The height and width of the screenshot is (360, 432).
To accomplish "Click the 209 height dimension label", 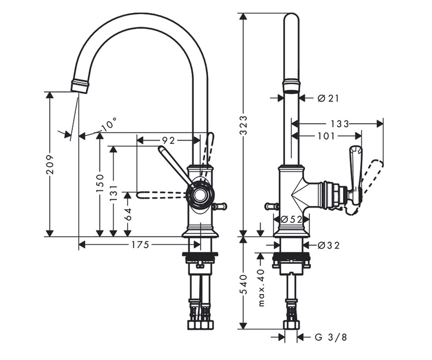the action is point(50,165).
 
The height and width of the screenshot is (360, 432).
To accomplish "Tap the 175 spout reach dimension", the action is point(140,245).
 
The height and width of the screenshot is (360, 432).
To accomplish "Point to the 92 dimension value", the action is point(168,141).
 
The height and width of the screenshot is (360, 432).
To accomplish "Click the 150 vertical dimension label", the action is point(100,183).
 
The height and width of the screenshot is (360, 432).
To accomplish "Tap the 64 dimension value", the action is point(128,214).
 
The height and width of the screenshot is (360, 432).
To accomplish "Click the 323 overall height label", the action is point(243,125).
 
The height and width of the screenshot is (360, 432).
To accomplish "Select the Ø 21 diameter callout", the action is point(328,99).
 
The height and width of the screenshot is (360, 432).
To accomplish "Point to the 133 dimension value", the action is point(339,124).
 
